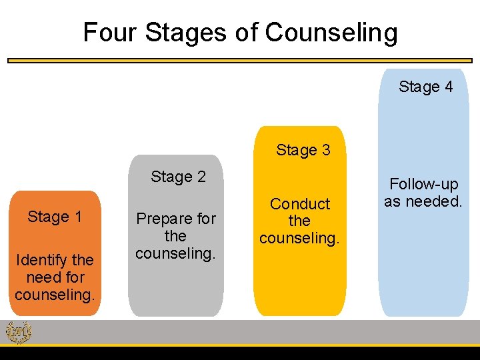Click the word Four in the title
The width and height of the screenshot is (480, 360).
[109, 31]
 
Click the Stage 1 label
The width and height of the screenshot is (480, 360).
[55, 217]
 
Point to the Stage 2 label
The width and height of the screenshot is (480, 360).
[178, 177]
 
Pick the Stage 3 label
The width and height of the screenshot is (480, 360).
[303, 150]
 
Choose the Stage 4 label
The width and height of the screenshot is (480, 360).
[425, 87]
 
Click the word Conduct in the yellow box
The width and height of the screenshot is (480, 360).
[300, 204]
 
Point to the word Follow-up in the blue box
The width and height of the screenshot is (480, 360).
[424, 184]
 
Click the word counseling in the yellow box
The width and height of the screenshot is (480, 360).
[300, 238]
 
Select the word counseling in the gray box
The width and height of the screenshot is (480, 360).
[176, 253]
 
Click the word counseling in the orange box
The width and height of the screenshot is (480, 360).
[55, 294]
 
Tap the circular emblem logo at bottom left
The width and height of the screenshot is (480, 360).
[18, 332]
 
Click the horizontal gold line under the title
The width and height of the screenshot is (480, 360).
[240, 60]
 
